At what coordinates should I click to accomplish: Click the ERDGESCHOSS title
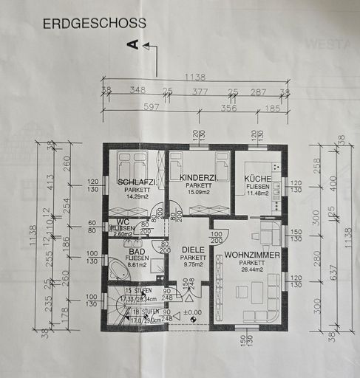94,24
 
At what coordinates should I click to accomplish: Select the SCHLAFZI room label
135,182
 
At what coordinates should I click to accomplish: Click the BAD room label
137,252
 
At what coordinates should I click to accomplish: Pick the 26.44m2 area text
254,269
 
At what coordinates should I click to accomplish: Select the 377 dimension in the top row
200,92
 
